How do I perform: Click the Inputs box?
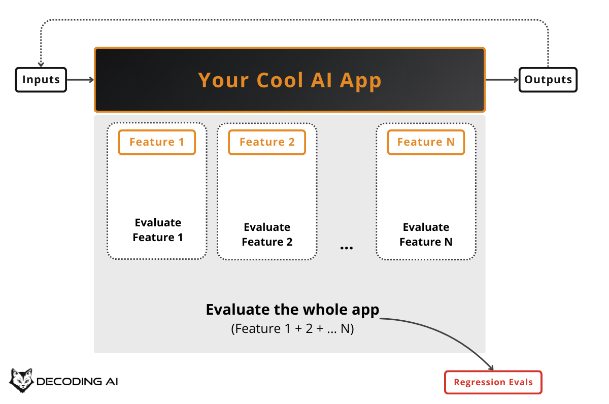[41, 80]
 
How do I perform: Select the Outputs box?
[548, 80]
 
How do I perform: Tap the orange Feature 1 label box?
[157, 142]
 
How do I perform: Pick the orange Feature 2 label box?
[267, 142]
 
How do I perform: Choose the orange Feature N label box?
[426, 142]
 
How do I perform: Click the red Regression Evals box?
[493, 382]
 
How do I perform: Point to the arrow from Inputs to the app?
[80, 80]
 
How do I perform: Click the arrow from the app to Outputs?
[502, 80]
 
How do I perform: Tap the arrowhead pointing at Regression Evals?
[491, 367]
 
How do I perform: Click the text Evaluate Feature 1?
[158, 230]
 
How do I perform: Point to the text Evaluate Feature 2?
[267, 234]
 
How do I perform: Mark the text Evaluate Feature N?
[426, 234]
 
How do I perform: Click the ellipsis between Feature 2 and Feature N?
[347, 248]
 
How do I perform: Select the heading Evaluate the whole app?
[292, 310]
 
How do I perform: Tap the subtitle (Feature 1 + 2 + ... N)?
[292, 328]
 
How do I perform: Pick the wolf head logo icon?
[21, 380]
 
